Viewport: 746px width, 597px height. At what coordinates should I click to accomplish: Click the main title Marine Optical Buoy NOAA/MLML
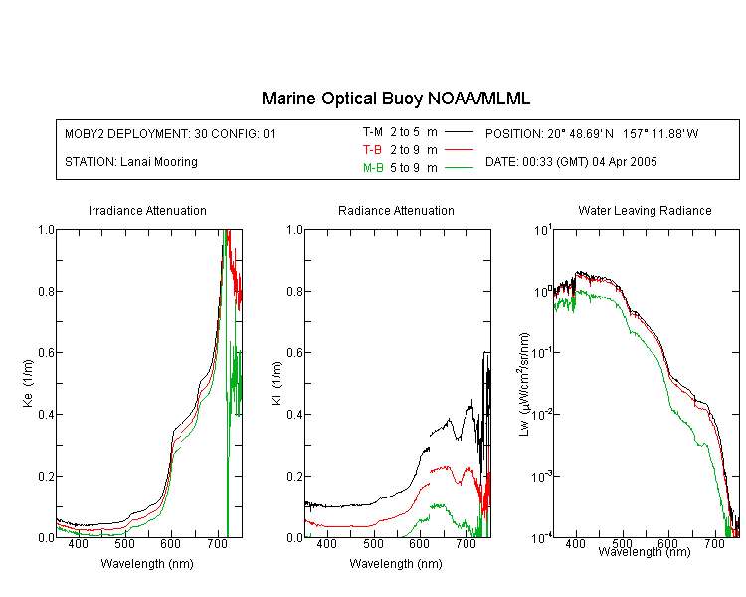395,99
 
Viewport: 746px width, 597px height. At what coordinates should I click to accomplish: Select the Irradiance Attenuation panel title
147,210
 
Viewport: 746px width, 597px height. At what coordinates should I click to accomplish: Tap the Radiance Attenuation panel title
396,210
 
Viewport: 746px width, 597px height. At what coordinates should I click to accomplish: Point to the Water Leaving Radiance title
645,210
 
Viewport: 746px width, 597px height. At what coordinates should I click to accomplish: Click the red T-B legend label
372,150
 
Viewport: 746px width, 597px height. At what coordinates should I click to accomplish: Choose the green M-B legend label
373,167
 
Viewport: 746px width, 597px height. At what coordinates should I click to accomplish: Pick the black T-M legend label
373,132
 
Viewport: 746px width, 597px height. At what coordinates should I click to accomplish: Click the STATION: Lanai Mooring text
131,162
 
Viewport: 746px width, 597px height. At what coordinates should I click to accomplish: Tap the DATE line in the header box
571,162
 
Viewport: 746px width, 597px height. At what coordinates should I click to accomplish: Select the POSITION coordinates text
592,133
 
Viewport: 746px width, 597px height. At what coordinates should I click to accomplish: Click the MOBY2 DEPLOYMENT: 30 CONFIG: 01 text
170,133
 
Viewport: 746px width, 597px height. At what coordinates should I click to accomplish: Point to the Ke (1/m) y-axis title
28,383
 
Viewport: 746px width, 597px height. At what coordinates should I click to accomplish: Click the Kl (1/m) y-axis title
277,383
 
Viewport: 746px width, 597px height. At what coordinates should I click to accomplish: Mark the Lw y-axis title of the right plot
524,384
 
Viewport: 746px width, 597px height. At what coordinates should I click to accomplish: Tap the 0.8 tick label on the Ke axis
46,291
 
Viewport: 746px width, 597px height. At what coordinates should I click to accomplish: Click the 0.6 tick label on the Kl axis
295,353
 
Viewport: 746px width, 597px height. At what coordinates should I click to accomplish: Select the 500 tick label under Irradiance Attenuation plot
124,543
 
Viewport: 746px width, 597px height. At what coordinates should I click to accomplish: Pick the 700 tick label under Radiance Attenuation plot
466,543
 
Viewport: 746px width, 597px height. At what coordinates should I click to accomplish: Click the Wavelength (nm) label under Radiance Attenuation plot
396,564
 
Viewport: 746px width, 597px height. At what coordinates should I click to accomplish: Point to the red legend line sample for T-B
460,150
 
